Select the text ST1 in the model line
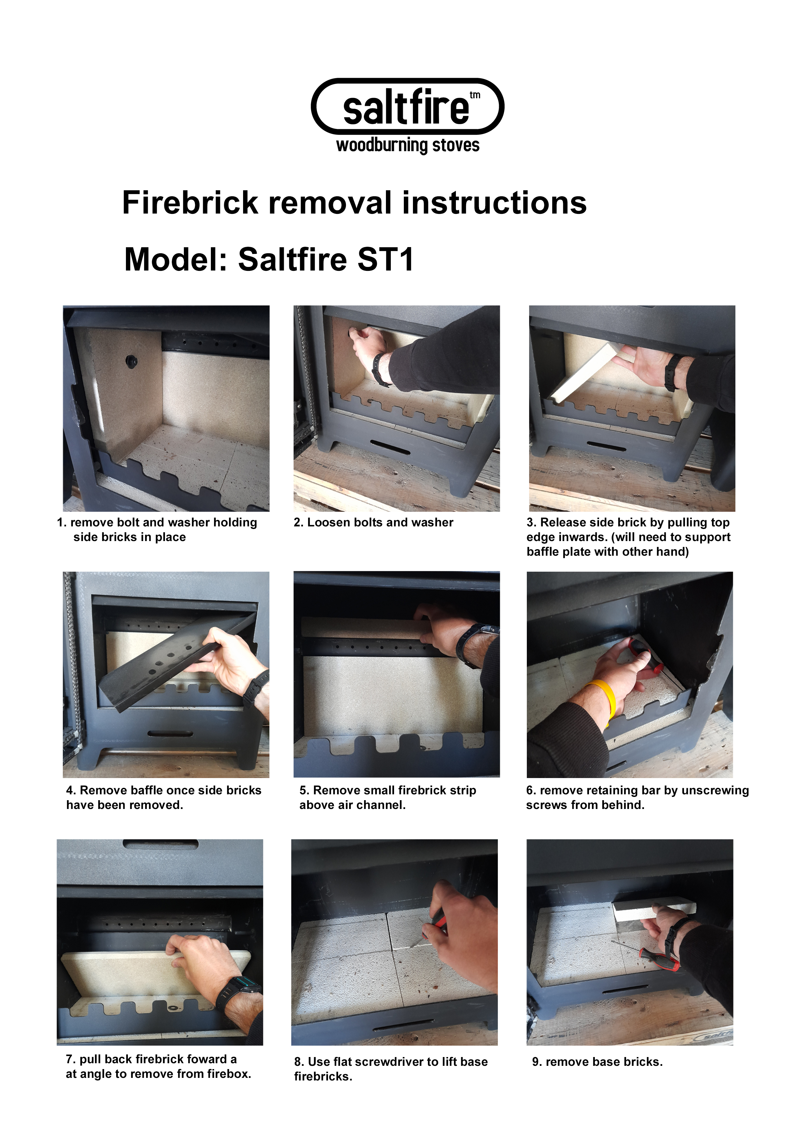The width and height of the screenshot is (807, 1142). [385, 260]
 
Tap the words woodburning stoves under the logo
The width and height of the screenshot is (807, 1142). [408, 145]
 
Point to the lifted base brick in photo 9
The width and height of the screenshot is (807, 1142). [653, 905]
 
